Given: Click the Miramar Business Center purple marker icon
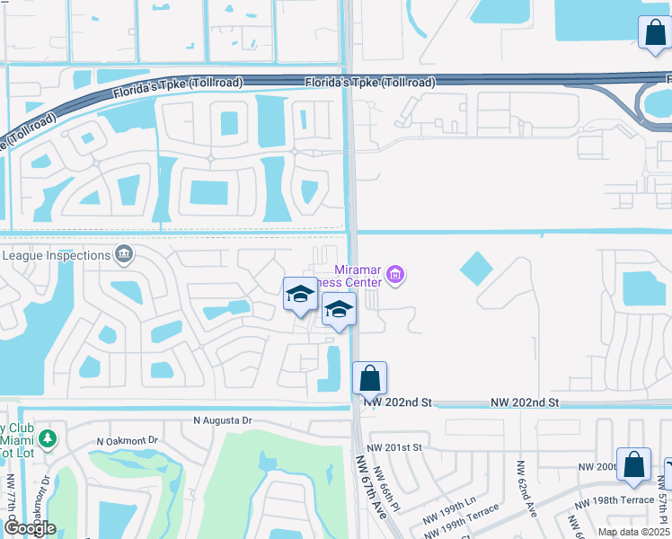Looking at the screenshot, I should [x=397, y=275].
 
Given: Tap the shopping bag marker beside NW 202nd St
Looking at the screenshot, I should [x=369, y=378].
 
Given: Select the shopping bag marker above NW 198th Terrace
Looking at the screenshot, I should [x=633, y=464].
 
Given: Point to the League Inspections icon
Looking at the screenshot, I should [x=124, y=255].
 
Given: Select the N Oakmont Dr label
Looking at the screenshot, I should [x=127, y=440].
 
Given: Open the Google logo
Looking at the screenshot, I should [x=29, y=528].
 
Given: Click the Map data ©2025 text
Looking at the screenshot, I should [x=633, y=532].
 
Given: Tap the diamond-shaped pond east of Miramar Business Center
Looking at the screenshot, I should [x=476, y=268].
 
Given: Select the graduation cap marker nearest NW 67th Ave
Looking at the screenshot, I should [x=339, y=311].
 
